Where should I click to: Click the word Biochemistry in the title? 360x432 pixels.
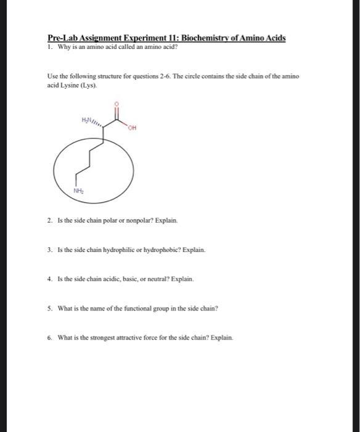[x=211, y=38]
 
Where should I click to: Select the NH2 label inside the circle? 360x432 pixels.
[x=78, y=192]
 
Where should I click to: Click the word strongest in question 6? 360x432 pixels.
[x=102, y=338]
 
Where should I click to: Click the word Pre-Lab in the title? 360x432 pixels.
[x=62, y=38]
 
